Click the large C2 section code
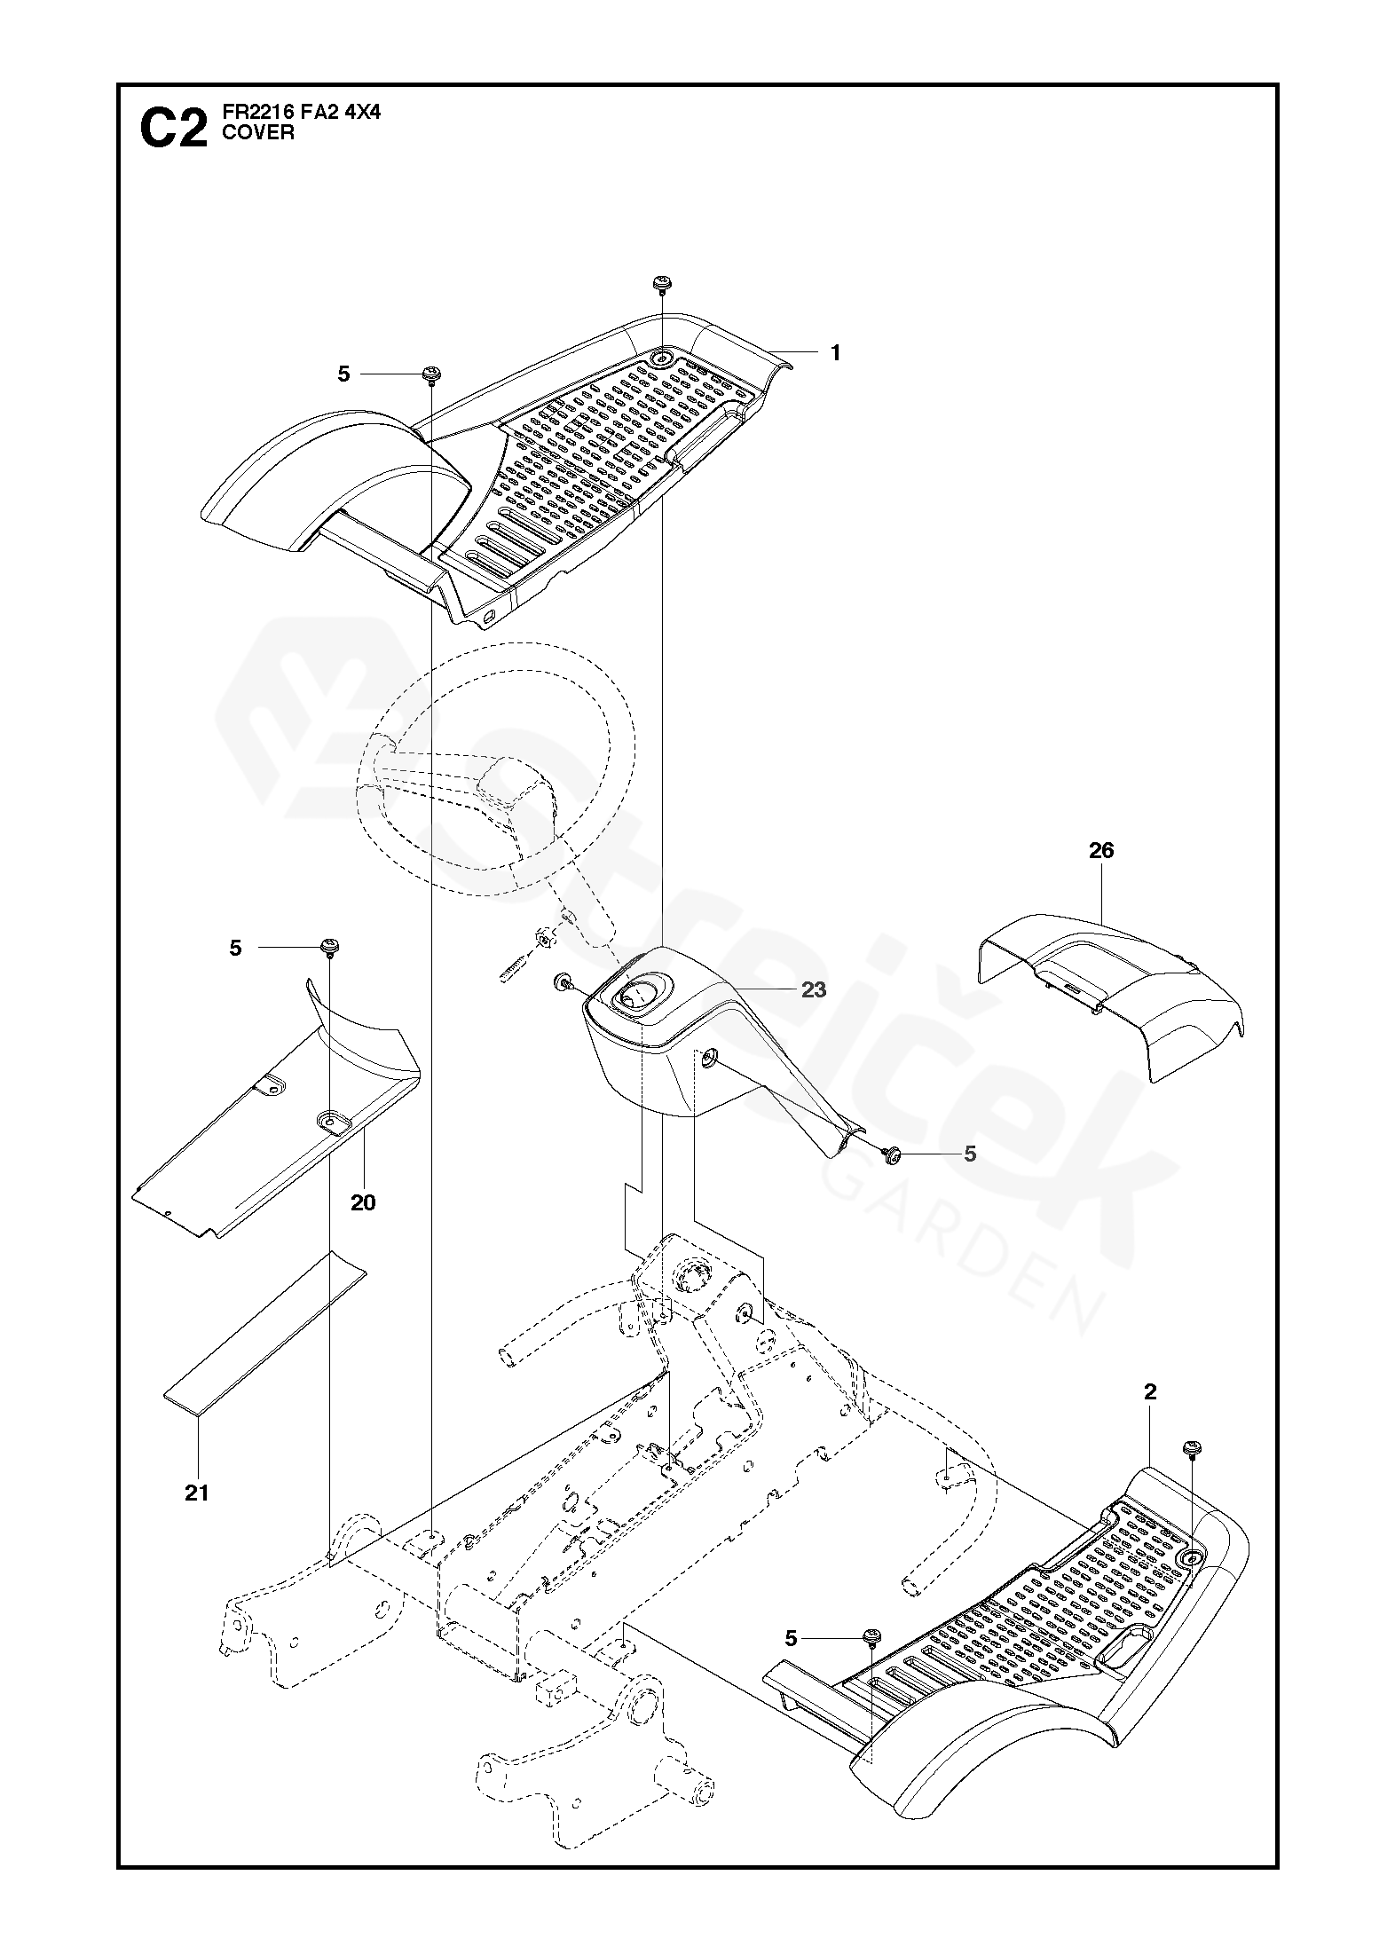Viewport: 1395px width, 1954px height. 173,130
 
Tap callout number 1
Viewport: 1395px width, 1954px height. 834,353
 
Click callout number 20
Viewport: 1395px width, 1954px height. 362,1202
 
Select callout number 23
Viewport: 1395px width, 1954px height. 813,989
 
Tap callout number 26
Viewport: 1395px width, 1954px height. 1100,851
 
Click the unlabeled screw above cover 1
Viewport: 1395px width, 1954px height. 661,285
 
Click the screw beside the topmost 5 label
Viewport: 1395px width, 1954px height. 432,374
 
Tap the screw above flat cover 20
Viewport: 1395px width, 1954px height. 330,948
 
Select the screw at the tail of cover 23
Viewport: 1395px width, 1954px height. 892,1154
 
